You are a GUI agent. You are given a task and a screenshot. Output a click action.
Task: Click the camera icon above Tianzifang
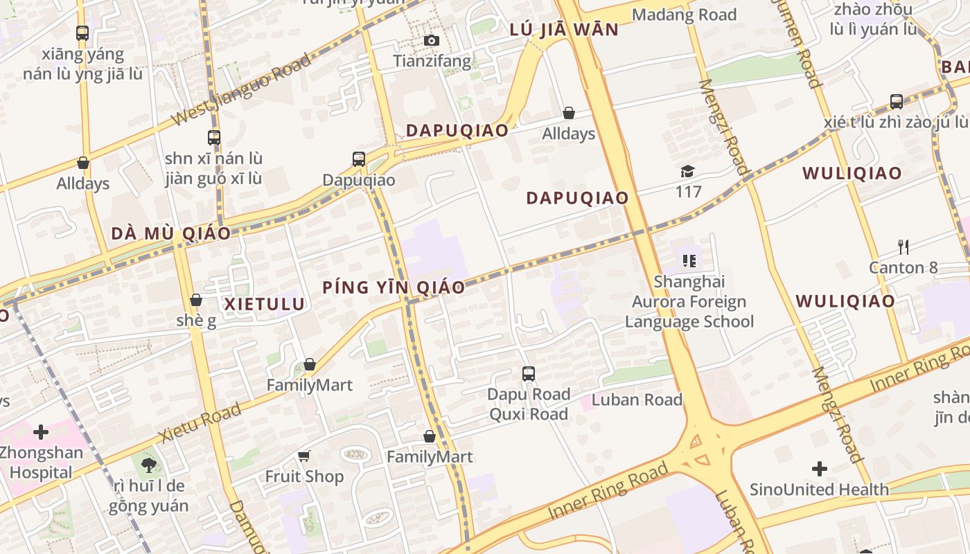[432, 41]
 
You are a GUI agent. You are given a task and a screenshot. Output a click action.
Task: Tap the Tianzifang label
[432, 61]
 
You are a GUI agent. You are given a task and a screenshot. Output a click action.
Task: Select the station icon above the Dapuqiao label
[358, 159]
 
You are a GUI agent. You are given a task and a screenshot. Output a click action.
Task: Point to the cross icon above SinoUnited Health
[820, 470]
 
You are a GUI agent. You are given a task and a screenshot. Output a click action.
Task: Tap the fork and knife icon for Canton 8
[903, 247]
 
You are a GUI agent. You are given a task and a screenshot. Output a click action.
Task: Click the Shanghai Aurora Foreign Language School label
[689, 301]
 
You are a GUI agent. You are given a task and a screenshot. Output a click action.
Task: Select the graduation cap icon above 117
[687, 171]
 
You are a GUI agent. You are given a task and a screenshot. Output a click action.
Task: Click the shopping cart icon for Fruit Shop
[304, 456]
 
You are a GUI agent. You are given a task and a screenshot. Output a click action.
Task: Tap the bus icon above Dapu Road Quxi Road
[529, 374]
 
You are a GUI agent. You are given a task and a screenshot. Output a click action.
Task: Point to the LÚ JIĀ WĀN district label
[563, 30]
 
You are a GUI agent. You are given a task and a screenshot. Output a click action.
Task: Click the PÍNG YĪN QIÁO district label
[394, 287]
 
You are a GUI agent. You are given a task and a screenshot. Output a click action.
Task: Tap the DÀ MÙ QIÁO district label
[170, 233]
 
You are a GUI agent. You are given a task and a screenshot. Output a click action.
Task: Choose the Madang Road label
[684, 15]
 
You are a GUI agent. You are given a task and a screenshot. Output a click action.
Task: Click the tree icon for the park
[148, 465]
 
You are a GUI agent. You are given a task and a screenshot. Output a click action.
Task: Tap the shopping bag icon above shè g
[196, 301]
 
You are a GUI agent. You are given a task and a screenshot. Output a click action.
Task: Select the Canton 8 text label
[903, 267]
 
